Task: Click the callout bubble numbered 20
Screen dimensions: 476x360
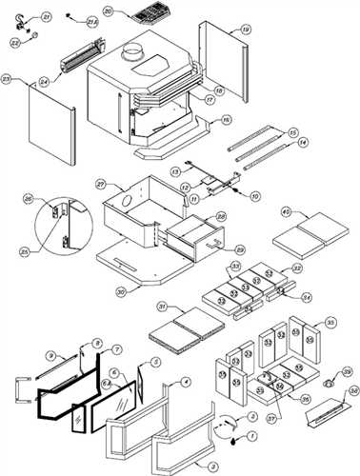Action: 108,10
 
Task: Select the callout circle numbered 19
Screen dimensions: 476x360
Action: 246,30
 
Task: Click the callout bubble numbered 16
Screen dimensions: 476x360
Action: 226,120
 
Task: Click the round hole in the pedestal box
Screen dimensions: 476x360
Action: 125,202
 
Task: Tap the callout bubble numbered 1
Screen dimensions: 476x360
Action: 252,437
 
